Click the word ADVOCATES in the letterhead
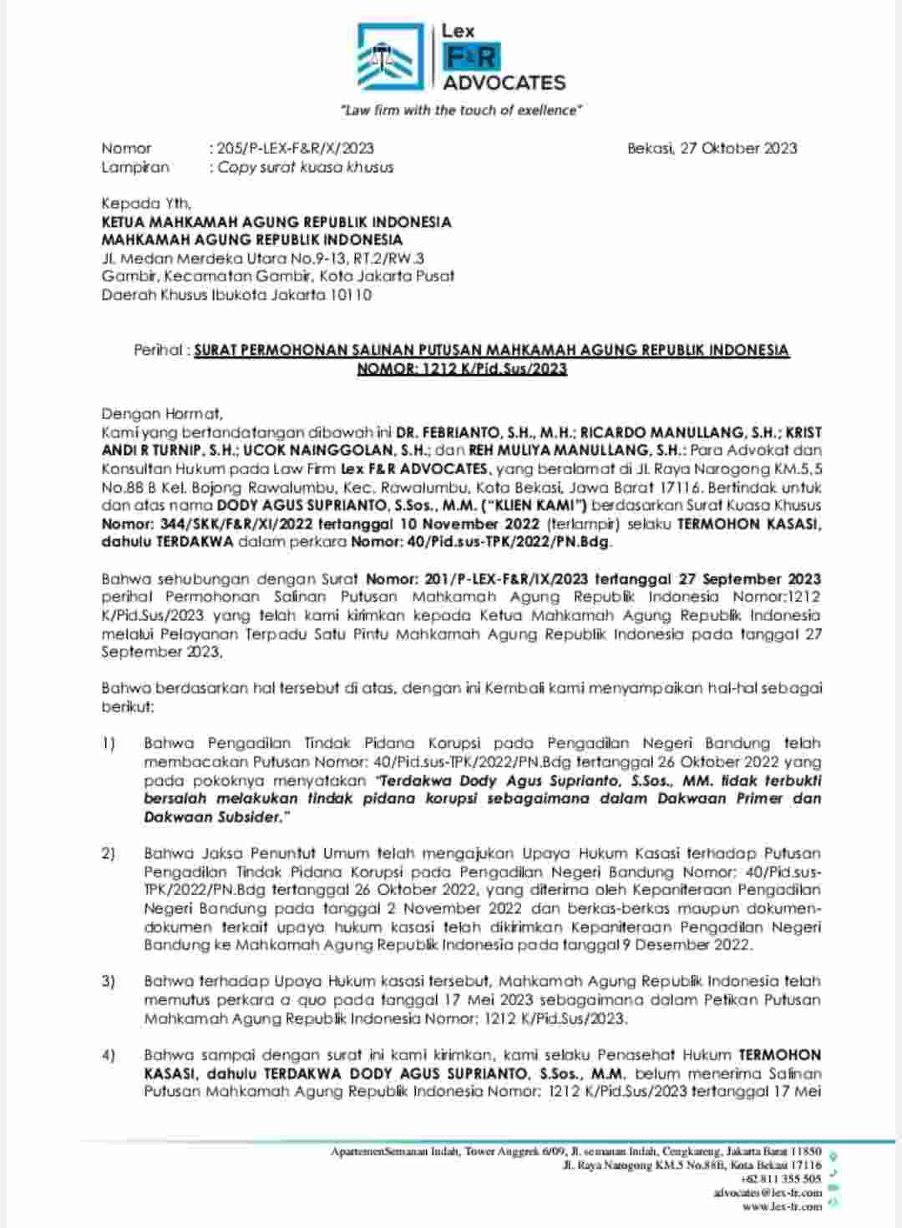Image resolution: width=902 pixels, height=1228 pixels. pyautogui.click(x=504, y=83)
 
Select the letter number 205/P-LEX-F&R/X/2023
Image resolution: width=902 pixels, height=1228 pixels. pyautogui.click(x=296, y=149)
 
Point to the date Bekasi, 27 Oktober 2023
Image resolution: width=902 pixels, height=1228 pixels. pyautogui.click(x=712, y=149)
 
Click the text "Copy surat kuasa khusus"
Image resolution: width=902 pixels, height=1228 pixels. pyautogui.click(x=305, y=167)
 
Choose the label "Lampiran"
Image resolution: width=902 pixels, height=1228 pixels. pyautogui.click(x=135, y=167)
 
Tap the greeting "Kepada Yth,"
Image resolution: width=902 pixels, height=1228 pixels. pyautogui.click(x=146, y=204)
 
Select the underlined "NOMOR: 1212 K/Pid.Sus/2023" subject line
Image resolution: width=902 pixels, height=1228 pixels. pyautogui.click(x=462, y=368)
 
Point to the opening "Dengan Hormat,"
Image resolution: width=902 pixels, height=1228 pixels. pyautogui.click(x=162, y=413)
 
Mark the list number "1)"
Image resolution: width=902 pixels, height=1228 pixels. pyautogui.click(x=109, y=743)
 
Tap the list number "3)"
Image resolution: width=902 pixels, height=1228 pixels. pyautogui.click(x=109, y=981)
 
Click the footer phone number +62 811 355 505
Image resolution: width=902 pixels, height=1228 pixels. pyautogui.click(x=780, y=1179)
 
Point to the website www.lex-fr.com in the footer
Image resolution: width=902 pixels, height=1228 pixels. pyautogui.click(x=782, y=1206)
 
